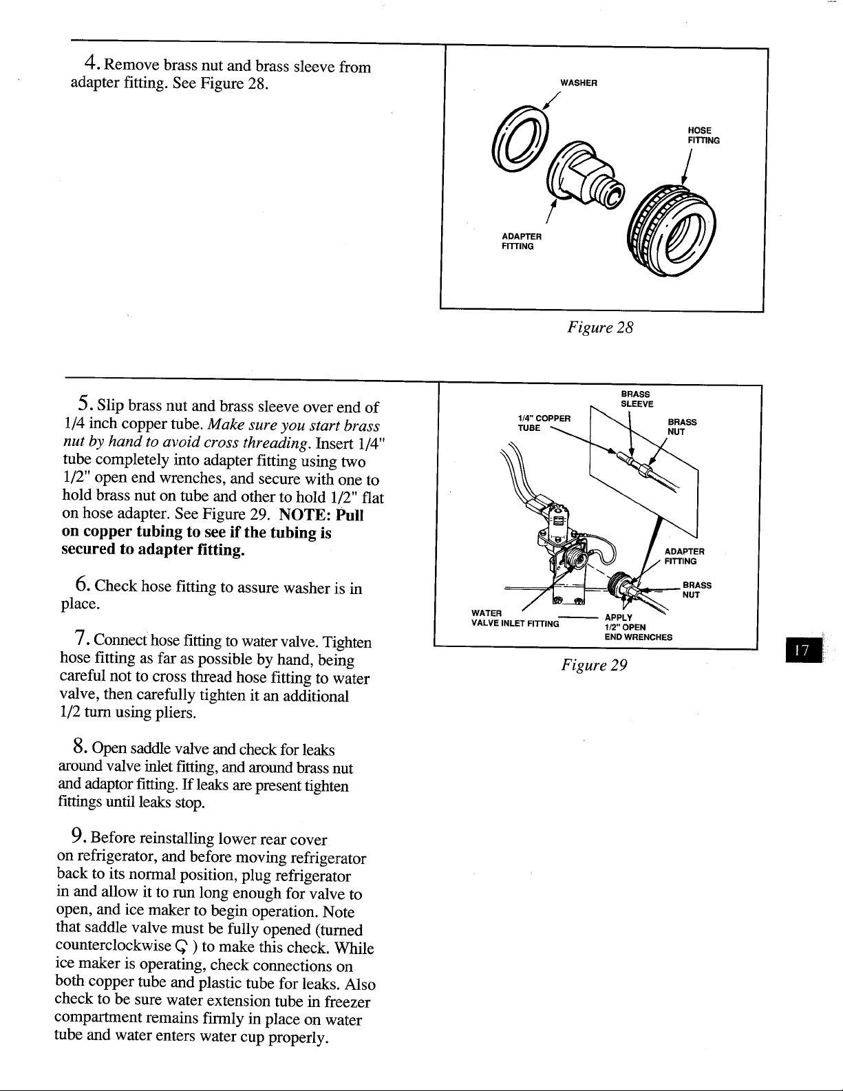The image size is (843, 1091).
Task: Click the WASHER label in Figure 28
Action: (x=579, y=83)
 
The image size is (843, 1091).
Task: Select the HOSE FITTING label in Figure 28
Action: (x=703, y=136)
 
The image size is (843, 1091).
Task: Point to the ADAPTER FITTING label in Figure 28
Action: (x=522, y=241)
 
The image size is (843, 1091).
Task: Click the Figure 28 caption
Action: (x=600, y=328)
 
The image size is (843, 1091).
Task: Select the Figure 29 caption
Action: (x=594, y=665)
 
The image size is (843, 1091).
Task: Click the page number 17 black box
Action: (x=803, y=650)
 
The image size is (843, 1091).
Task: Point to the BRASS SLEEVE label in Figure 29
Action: (x=637, y=399)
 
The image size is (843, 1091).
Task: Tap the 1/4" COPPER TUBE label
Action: (x=544, y=423)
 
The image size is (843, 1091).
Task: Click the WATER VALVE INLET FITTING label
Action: (x=515, y=619)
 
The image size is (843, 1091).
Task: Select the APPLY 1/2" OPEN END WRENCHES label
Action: (x=639, y=628)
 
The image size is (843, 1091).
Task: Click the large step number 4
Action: (x=91, y=62)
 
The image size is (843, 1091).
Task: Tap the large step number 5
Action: (x=84, y=402)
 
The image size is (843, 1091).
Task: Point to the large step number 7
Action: (x=81, y=637)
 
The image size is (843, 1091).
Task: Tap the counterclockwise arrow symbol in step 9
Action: (x=182, y=947)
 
